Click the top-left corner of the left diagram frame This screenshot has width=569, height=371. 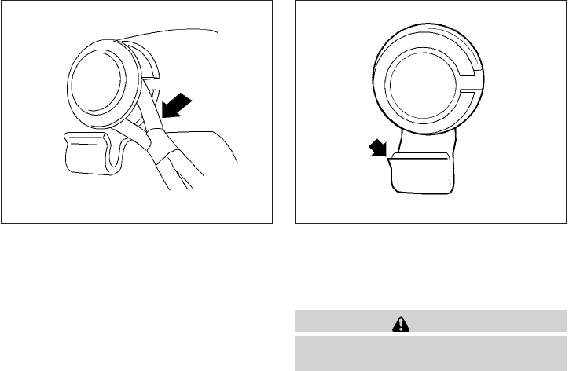2,2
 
